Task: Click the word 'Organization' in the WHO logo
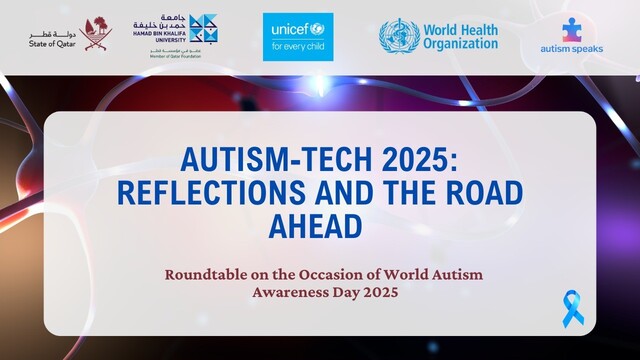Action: pyautogui.click(x=461, y=44)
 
